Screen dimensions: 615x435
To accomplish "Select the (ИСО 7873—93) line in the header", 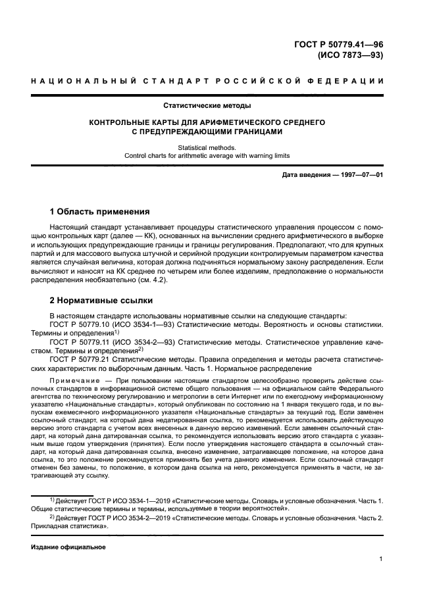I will [x=350, y=55].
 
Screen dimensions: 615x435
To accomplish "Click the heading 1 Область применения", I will [x=100, y=212].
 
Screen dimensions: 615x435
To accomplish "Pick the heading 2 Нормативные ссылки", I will [x=101, y=301].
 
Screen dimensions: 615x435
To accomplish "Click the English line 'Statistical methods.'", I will [x=207, y=148].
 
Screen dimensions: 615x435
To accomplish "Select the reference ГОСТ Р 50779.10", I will [x=82, y=324].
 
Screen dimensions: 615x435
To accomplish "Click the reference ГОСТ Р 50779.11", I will [x=82, y=342].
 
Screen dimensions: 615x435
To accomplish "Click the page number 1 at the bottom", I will [x=381, y=559].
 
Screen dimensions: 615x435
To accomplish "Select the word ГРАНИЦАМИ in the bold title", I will [x=249, y=131].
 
